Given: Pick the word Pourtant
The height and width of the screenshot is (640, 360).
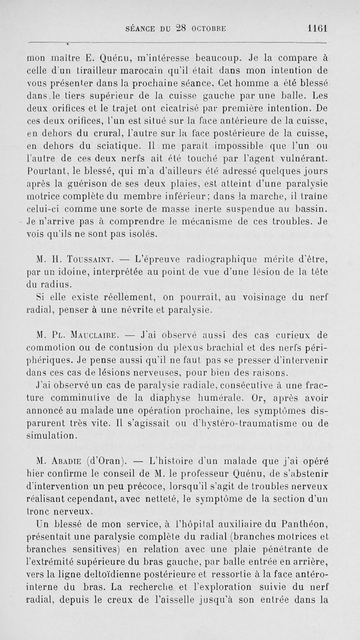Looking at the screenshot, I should [x=43, y=171].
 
